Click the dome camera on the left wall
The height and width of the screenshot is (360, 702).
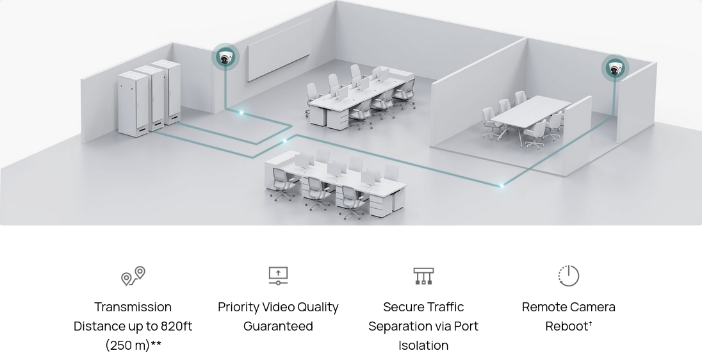[225, 58]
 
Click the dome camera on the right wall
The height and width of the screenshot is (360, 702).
[615, 69]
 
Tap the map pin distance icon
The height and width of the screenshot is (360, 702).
[133, 275]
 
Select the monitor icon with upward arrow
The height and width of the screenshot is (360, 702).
[278, 275]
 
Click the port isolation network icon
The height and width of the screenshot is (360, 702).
[423, 275]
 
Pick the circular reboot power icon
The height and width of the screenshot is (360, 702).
[568, 275]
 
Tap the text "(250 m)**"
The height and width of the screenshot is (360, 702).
[133, 345]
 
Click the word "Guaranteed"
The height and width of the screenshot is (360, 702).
[278, 326]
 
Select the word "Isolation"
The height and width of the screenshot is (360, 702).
[423, 345]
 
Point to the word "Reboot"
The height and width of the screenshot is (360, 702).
[566, 326]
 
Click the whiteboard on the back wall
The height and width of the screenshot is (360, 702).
[279, 50]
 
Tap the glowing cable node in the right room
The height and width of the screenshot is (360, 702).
[502, 185]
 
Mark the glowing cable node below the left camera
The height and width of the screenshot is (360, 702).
[241, 113]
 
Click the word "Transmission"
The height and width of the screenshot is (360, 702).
[133, 307]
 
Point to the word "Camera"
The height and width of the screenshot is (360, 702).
[592, 307]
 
